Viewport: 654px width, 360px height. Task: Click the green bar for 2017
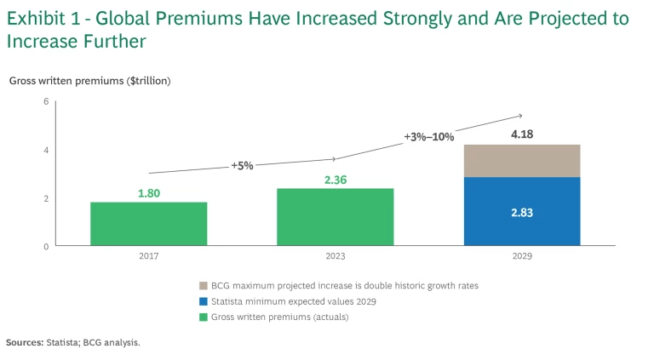148,224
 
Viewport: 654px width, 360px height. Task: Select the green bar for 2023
335,217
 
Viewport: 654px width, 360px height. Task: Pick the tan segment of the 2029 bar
522,161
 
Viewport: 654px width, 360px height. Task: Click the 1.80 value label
149,193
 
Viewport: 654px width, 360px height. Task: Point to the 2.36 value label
336,180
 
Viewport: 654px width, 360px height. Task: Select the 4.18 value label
522,134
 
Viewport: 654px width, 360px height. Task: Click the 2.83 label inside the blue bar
522,213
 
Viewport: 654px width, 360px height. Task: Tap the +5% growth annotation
242,165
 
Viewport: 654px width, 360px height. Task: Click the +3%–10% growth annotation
429,136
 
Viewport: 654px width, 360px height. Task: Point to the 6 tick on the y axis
45,102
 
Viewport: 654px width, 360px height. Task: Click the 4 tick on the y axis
45,151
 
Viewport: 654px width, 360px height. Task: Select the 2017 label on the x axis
148,254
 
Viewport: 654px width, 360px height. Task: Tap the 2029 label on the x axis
522,254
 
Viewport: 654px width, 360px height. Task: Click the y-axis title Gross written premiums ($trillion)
90,81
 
